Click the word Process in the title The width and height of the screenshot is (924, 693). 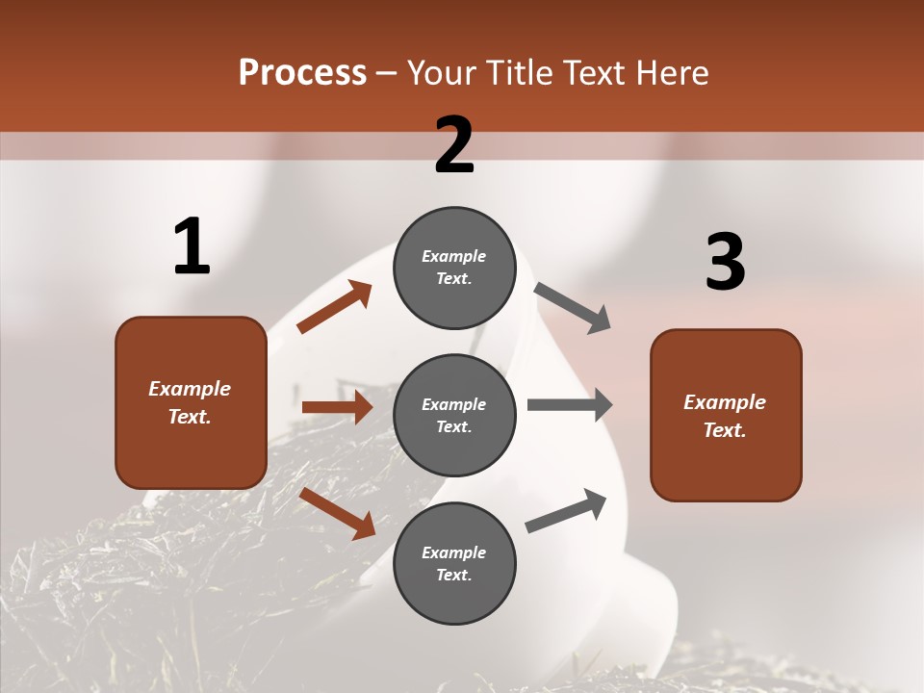point(302,72)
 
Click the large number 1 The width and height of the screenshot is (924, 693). point(192,247)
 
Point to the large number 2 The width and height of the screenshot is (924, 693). point(454,145)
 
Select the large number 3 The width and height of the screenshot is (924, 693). point(725,263)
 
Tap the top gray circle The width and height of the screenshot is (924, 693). point(454,268)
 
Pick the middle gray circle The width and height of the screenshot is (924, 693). point(454,415)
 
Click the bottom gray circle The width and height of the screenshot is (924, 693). point(454,564)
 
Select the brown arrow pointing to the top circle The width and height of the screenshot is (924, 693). point(334,307)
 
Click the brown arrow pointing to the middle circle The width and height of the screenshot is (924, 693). point(337,407)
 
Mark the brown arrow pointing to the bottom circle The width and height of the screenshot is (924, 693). point(337,513)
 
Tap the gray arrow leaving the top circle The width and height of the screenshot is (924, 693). point(573,308)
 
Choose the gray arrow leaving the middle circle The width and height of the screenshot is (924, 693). point(570,405)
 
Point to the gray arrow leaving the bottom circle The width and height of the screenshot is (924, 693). point(567,510)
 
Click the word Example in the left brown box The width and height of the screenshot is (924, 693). point(190,389)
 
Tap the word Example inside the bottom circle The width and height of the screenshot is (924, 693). point(454,552)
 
